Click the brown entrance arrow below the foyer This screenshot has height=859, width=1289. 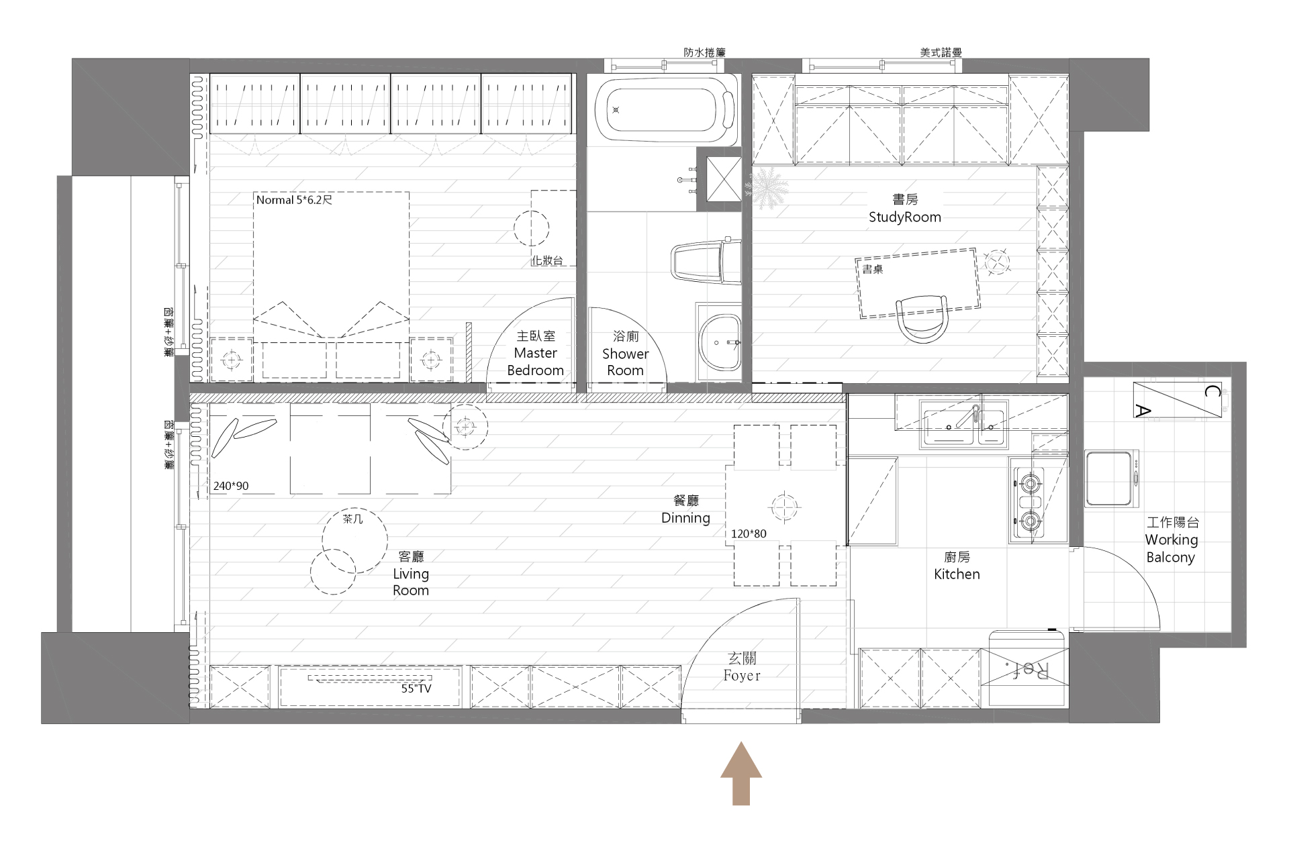coord(741,773)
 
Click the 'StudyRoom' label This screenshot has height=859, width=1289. coord(904,217)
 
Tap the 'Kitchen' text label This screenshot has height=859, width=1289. coord(957,574)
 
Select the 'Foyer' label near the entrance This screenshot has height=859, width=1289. coord(742,676)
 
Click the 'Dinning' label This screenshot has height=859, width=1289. coord(685,518)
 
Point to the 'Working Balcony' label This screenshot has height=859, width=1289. coord(1172,548)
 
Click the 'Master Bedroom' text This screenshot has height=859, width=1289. coord(535,362)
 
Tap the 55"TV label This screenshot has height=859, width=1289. coord(416,689)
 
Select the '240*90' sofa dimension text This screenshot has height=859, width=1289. coord(231,486)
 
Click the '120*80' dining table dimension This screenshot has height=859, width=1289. coord(749,534)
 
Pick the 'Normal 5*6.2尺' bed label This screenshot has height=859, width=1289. coord(294,200)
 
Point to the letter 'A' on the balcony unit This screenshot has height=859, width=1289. coord(1143,411)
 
